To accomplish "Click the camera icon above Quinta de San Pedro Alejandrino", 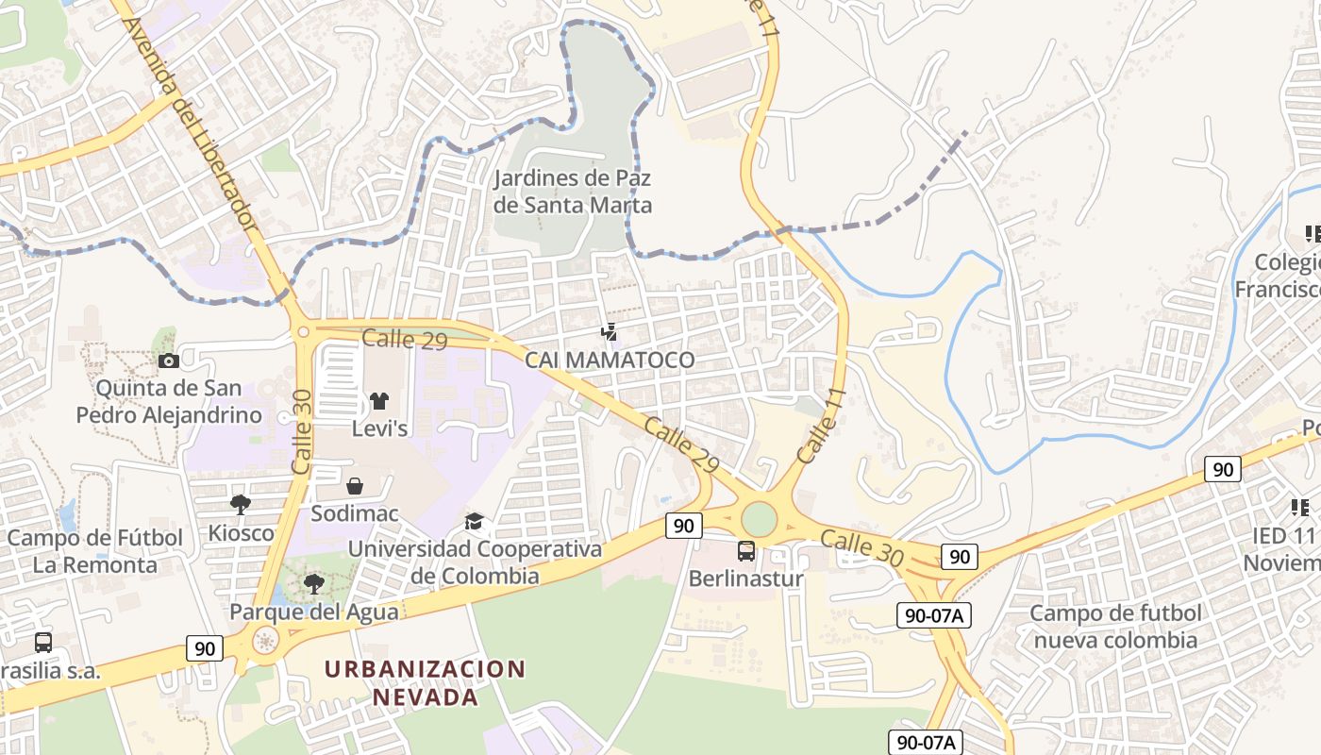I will [x=169, y=361].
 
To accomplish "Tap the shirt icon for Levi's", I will [x=379, y=401].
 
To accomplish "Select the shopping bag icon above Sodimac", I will [x=356, y=486].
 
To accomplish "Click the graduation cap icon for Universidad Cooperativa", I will [x=474, y=521].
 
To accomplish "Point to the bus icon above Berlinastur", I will [x=745, y=550].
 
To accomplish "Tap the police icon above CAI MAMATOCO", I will [x=610, y=331].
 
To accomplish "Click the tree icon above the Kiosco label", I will [x=241, y=505].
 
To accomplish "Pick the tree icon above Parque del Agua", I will [x=314, y=583].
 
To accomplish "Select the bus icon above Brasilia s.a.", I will [x=43, y=643].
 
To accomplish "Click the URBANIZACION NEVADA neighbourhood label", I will [x=425, y=683].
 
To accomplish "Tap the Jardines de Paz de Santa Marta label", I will [x=574, y=192].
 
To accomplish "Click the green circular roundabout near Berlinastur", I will [x=758, y=519].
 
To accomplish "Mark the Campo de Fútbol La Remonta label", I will [x=94, y=551].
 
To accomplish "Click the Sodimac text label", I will [x=355, y=514].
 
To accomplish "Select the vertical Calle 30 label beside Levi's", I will [x=302, y=431].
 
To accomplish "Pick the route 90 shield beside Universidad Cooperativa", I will [x=683, y=526].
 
